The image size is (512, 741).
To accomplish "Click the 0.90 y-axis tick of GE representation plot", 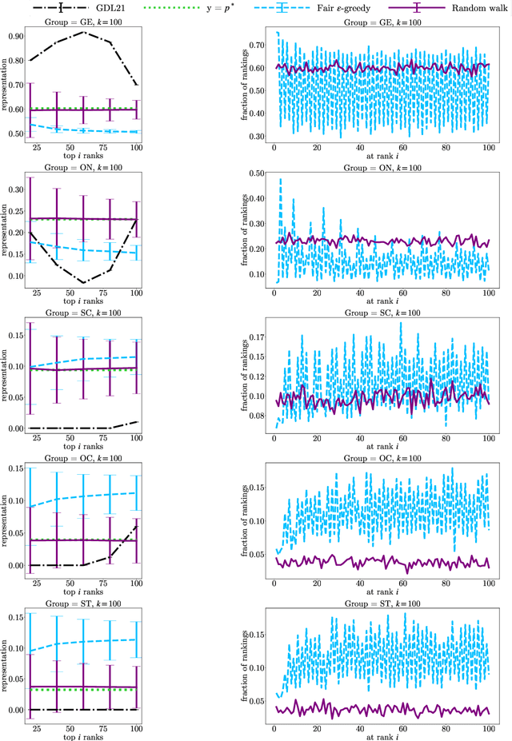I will pos(14,37).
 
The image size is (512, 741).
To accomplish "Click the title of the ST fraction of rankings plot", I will pos(378,596).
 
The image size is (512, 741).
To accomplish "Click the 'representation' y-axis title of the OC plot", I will pos(6,518).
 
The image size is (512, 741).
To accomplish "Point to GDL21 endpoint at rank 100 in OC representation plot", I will pos(137,525).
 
